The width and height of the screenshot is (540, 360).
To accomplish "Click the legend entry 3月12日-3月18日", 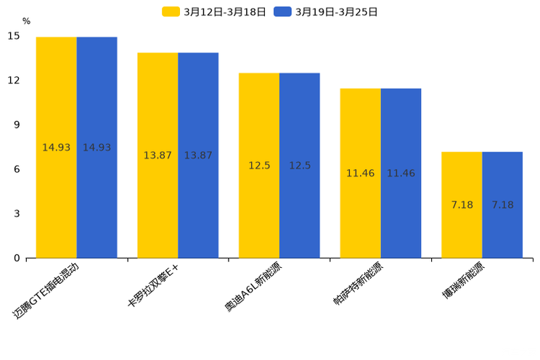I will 214,12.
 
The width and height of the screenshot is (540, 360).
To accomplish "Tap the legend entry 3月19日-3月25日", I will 326,12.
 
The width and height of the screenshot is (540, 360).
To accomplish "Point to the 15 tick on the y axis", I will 14,36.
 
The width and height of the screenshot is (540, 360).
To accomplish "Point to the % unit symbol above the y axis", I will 26,21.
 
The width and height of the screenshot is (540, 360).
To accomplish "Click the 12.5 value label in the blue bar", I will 300,165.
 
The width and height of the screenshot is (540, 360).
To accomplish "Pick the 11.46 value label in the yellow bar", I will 360,173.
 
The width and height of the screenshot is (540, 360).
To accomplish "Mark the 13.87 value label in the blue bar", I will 198,155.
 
